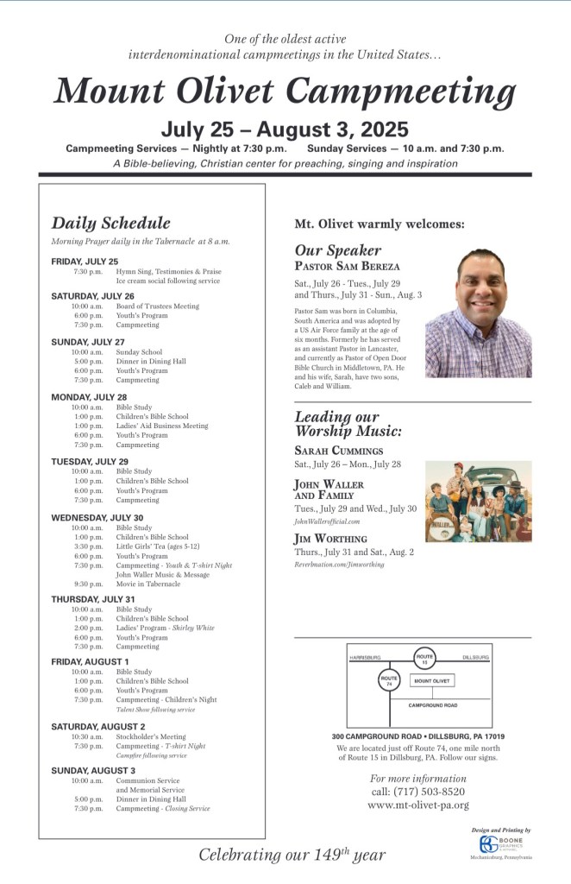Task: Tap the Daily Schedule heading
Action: coord(110,223)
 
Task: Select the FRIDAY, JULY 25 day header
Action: coord(85,261)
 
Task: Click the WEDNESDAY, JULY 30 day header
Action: coord(97,517)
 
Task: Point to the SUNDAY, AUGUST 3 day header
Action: coord(93,770)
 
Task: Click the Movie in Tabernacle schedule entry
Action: coord(148,584)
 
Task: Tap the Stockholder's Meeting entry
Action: coord(151,736)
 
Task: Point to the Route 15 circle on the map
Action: coord(424,659)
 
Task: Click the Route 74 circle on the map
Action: coord(390,680)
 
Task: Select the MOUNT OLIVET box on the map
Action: coord(432,680)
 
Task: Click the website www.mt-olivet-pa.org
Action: coord(418,805)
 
